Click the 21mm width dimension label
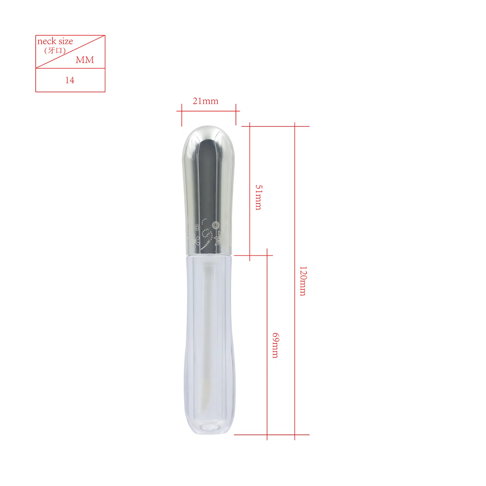205,101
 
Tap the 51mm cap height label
259,197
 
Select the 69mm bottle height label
275,345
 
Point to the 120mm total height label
303,281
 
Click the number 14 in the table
70,80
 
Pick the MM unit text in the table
85,60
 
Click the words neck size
55,41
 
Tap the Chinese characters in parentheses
55,51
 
